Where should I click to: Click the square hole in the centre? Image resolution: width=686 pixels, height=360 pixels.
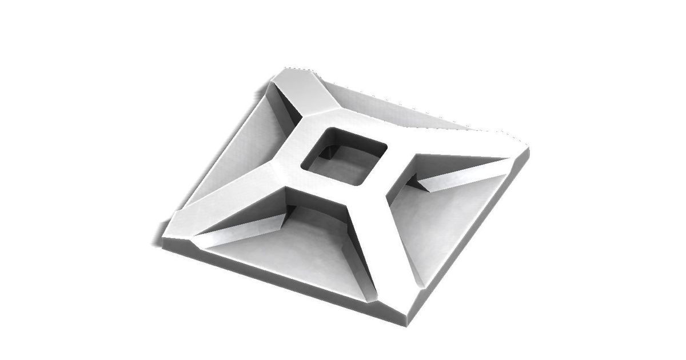tap(344, 155)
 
